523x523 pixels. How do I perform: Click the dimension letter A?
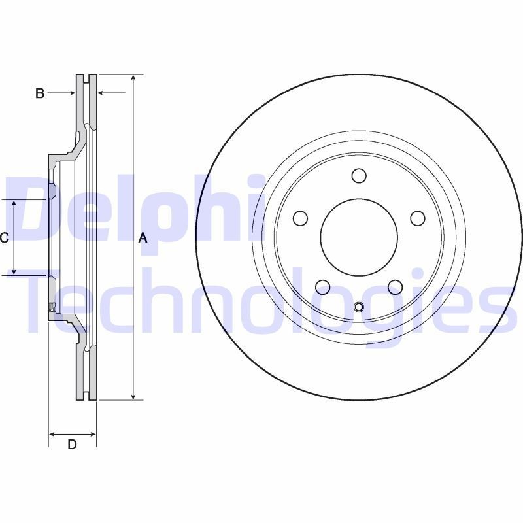pos(143,239)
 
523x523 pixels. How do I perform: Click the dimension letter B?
pos(40,93)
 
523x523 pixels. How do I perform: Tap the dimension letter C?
pos(4,238)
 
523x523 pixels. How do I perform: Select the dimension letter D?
pos(73,445)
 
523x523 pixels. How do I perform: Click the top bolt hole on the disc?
pos(359,176)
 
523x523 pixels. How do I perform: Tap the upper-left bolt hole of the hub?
pos(300,218)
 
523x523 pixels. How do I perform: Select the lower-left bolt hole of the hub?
pos(322,287)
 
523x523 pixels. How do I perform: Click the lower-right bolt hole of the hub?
pos(395,287)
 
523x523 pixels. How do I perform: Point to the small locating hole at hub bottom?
pos(358,308)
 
